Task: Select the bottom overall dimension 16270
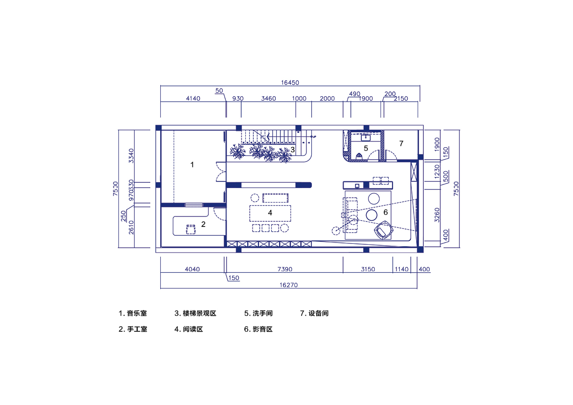[288, 285]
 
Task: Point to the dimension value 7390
[284, 269]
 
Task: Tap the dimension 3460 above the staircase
[268, 99]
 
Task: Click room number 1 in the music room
[192, 165]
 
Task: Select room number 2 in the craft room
[203, 224]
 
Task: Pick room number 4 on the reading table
[270, 212]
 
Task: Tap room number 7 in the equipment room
[401, 143]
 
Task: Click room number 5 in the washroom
[366, 148]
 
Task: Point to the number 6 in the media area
[385, 212]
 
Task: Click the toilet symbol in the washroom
[358, 156]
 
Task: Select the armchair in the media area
[384, 229]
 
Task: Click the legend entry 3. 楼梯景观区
[195, 314]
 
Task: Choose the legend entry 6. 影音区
[258, 329]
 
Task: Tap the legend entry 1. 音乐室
[133, 314]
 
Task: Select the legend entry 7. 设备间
[314, 314]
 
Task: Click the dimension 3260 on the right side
[437, 215]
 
